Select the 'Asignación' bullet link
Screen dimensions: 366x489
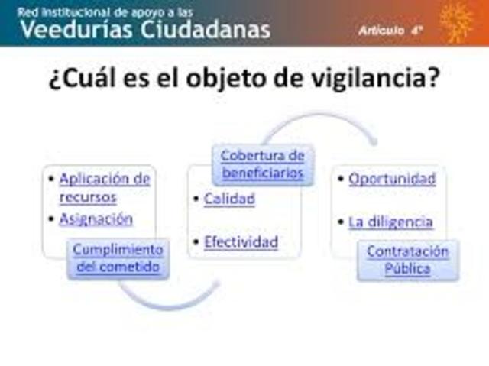pos(96,219)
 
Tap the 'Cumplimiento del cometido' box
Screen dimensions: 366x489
pos(118,258)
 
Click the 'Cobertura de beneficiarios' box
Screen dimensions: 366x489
pos(262,164)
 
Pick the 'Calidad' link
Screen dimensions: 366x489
pos(228,199)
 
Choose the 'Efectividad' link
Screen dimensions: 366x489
pos(240,242)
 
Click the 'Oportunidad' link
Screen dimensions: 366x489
pos(392,179)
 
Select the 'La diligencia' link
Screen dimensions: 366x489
pos(390,222)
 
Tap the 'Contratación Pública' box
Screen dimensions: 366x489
pos(407,260)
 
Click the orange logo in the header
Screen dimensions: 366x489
pos(456,22)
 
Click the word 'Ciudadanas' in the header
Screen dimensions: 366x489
pos(206,30)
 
